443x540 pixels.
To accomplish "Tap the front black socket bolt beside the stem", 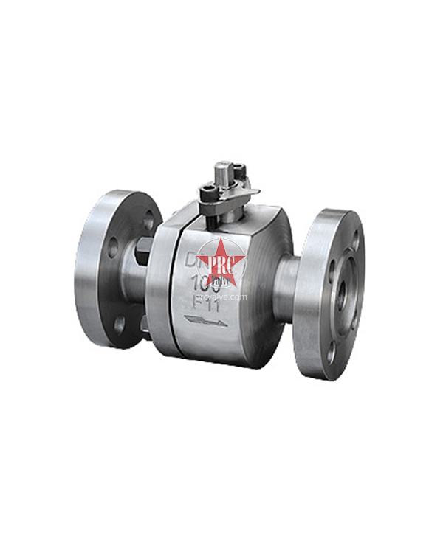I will pyautogui.click(x=209, y=194).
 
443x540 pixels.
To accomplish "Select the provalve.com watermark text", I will pyautogui.click(x=225, y=297).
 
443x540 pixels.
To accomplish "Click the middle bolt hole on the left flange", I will pyautogui.click(x=112, y=248).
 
